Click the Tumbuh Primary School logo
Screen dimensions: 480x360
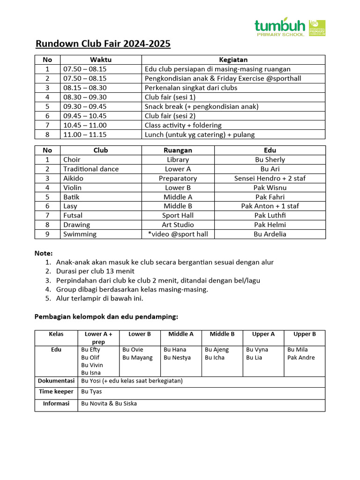pyautogui.click(x=289, y=28)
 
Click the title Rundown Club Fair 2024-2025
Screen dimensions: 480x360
pyautogui.click(x=103, y=45)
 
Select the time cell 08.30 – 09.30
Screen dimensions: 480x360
pyautogui.click(x=85, y=97)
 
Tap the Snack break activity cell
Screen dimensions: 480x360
pyautogui.click(x=202, y=106)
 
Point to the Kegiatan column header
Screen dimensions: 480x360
pyautogui.click(x=233, y=60)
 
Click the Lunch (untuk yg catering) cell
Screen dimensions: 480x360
pyautogui.click(x=200, y=135)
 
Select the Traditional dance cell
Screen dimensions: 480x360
pyautogui.click(x=91, y=169)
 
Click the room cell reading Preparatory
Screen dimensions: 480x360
pyautogui.click(x=178, y=178)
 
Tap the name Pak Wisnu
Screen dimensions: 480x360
pyautogui.click(x=270, y=187)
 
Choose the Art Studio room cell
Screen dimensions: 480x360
pyautogui.click(x=178, y=225)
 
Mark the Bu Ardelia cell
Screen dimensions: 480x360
pyautogui.click(x=270, y=234)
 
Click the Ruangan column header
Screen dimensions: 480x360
pyautogui.click(x=178, y=150)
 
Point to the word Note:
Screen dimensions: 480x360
pyautogui.click(x=44, y=253)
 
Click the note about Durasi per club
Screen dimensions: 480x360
pyautogui.click(x=95, y=271)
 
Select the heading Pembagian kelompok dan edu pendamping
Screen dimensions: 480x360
pyautogui.click(x=106, y=317)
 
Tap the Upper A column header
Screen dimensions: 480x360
pyautogui.click(x=263, y=334)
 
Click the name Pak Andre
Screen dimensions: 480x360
pyautogui.click(x=301, y=358)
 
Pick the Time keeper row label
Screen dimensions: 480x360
pyautogui.click(x=56, y=391)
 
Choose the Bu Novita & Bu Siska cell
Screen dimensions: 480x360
pyautogui.click(x=109, y=403)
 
